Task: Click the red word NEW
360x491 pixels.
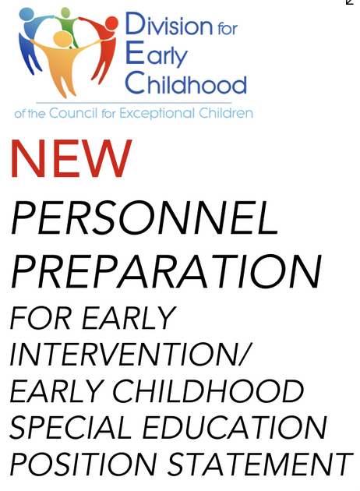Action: [72, 158]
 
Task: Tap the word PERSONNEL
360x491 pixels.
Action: [145, 217]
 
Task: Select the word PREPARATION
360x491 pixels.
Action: [167, 271]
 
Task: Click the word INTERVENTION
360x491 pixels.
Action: [124, 354]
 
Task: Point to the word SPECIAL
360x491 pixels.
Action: [71, 427]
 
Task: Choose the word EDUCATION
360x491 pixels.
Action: [235, 427]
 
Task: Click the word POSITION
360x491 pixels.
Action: [83, 464]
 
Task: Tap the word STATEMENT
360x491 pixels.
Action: [260, 464]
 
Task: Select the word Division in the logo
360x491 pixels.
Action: [169, 24]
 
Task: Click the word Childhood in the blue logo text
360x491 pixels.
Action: [186, 83]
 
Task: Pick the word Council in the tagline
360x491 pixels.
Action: [73, 113]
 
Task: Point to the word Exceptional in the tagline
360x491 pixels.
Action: [157, 113]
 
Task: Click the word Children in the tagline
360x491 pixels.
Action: [226, 113]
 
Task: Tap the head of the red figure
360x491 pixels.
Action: [111, 23]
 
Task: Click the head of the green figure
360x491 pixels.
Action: [65, 12]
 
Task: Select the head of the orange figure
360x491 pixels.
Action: [63, 38]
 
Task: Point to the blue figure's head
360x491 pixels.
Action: [26, 14]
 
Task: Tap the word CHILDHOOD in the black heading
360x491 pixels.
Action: [208, 390]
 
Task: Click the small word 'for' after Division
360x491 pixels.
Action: [228, 28]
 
